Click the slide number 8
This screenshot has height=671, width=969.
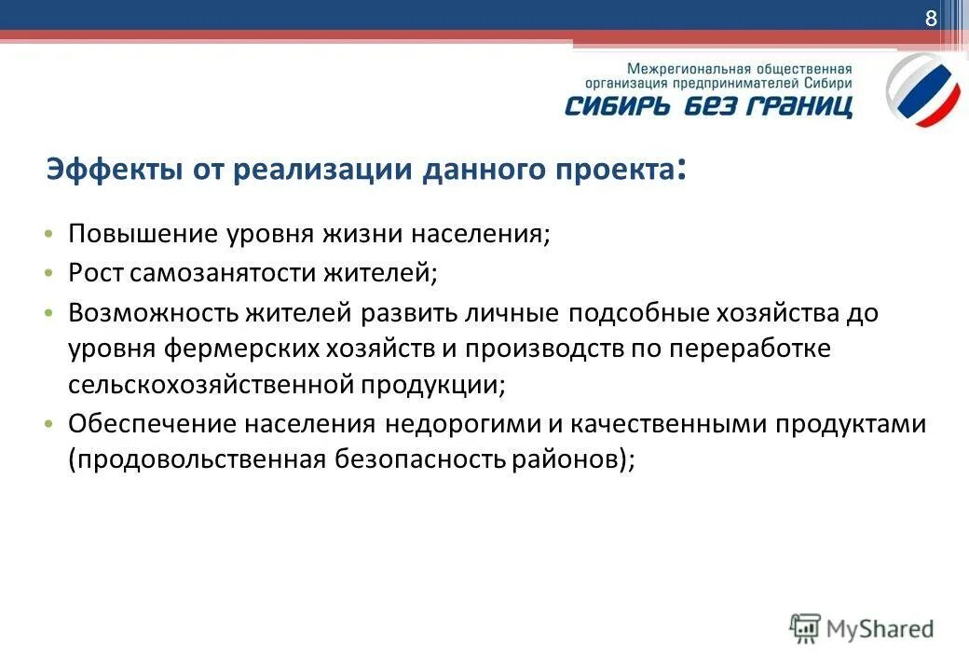pyautogui.click(x=930, y=20)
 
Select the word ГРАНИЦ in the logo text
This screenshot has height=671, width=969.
pyautogui.click(x=805, y=104)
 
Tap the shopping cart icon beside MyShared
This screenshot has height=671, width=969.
pyautogui.click(x=805, y=629)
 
